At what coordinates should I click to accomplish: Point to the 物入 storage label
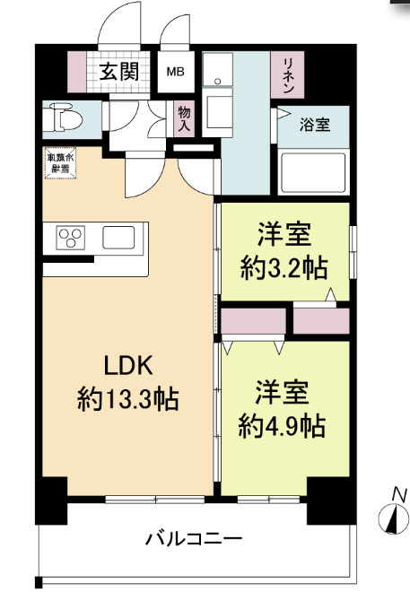click(x=184, y=118)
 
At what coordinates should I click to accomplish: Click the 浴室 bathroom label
click(x=314, y=125)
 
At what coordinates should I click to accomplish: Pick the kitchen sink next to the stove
click(x=118, y=238)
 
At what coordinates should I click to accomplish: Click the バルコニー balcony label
click(x=194, y=540)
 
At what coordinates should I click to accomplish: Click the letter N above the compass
click(x=399, y=493)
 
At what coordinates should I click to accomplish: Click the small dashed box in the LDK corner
click(x=61, y=163)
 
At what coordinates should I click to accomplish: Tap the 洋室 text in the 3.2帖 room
click(x=284, y=235)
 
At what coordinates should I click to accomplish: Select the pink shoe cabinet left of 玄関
click(x=79, y=71)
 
